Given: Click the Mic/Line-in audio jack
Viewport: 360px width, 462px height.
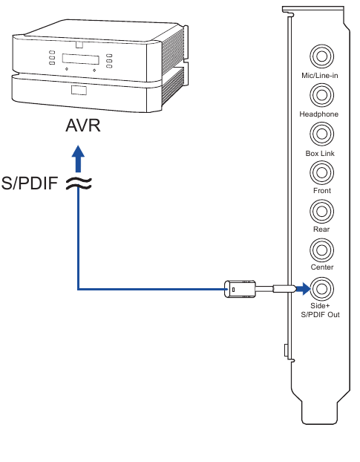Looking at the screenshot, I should pyautogui.click(x=321, y=56).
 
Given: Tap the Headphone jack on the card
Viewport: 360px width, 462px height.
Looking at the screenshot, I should pyautogui.click(x=321, y=95).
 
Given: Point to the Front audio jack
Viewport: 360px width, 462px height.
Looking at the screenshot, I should pyautogui.click(x=321, y=172).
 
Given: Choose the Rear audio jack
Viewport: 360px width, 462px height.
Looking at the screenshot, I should pyautogui.click(x=321, y=211).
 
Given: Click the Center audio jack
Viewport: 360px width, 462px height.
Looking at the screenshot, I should pyautogui.click(x=321, y=250).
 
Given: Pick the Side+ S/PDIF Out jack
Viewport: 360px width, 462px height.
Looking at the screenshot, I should pyautogui.click(x=321, y=287).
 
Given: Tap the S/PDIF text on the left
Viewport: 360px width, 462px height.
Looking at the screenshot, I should pyautogui.click(x=29, y=183).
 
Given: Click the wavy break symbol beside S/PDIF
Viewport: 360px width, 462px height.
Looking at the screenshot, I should pyautogui.click(x=79, y=183).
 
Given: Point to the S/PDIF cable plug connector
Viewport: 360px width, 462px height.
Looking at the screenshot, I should pyautogui.click(x=240, y=288).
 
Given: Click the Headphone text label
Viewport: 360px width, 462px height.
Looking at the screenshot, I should pyautogui.click(x=319, y=114).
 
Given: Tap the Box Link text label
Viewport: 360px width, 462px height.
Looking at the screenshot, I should pyautogui.click(x=320, y=153).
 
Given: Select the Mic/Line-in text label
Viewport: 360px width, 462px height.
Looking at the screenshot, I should pyautogui.click(x=320, y=76).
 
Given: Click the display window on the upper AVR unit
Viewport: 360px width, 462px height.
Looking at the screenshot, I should pyautogui.click(x=79, y=59).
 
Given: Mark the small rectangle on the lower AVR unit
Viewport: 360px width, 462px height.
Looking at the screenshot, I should pyautogui.click(x=79, y=91).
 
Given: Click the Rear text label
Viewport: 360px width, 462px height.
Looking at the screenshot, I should pyautogui.click(x=321, y=230).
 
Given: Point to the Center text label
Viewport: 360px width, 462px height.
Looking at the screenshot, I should pyautogui.click(x=321, y=267).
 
